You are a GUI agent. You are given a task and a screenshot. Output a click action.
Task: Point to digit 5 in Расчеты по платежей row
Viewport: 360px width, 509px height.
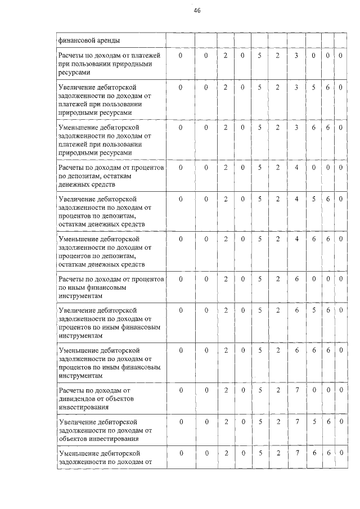click(x=259, y=56)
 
